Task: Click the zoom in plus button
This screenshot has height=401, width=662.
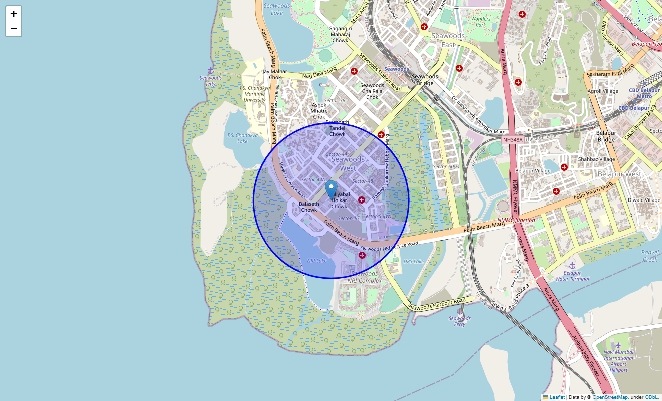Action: pyautogui.click(x=14, y=14)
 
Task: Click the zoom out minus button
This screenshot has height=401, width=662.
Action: pyautogui.click(x=14, y=29)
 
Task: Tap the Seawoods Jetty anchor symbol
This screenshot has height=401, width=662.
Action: pyautogui.click(x=211, y=71)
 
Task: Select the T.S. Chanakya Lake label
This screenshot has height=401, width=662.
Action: pyautogui.click(x=242, y=138)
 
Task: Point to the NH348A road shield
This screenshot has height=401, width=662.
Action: pyautogui.click(x=513, y=140)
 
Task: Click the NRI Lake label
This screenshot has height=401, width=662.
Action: pyautogui.click(x=317, y=261)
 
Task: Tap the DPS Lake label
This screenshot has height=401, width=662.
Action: pyautogui.click(x=414, y=261)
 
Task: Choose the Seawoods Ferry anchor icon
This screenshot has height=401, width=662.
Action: pyautogui.click(x=459, y=311)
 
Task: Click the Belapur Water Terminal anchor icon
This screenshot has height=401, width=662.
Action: pyautogui.click(x=571, y=265)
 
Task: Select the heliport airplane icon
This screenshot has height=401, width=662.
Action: pyautogui.click(x=618, y=345)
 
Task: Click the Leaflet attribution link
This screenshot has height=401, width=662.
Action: pyautogui.click(x=557, y=397)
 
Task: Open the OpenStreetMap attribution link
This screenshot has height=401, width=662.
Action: pyautogui.click(x=609, y=397)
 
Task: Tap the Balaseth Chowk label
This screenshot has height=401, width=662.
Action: pyautogui.click(x=309, y=207)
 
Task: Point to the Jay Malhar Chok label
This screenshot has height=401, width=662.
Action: pyautogui.click(x=275, y=74)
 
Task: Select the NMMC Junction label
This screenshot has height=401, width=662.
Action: pyautogui.click(x=516, y=220)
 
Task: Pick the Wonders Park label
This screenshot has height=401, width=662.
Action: pyautogui.click(x=481, y=22)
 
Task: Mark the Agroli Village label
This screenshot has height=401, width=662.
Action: pyautogui.click(x=603, y=91)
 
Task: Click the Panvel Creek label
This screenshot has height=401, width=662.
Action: pyautogui.click(x=650, y=256)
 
